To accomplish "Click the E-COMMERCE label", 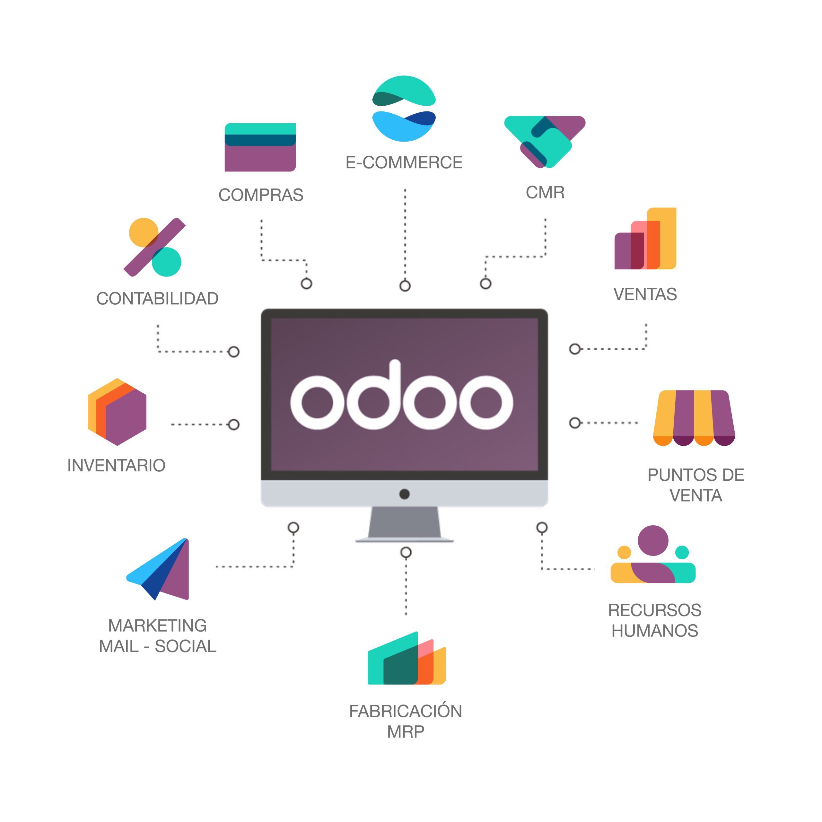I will (404, 162).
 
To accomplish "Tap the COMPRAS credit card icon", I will (260, 147).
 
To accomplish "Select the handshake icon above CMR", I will (545, 141).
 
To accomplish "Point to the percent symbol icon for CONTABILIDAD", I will (154, 247).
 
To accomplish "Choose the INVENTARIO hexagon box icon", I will (117, 411).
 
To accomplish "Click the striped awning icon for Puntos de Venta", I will (694, 417).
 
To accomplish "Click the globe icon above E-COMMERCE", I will (404, 109).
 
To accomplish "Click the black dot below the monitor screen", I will (404, 494).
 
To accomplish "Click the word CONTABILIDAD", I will (157, 299).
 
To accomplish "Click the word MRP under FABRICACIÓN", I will (406, 732).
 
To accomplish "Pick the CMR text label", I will (545, 192).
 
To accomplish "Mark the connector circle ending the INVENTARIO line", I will (233, 424).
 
